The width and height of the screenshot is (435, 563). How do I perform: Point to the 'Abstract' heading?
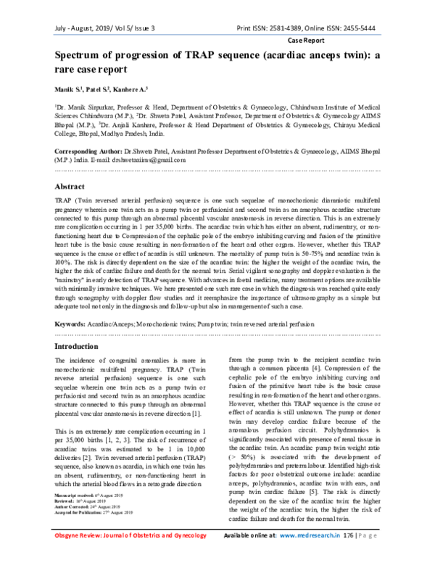(x=70, y=186)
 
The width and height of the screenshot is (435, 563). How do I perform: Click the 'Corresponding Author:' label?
(x=92, y=151)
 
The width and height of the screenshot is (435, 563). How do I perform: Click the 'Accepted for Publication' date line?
(x=91, y=533)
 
